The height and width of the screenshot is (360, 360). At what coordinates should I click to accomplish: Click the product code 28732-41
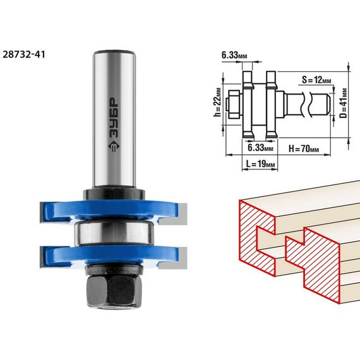point(24,55)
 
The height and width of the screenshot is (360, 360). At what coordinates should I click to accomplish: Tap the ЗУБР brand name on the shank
point(114,118)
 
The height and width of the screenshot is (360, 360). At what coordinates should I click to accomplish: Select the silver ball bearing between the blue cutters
point(114,232)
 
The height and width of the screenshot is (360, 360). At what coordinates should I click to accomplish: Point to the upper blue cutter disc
point(109,211)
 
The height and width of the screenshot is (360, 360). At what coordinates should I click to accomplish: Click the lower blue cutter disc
point(109,256)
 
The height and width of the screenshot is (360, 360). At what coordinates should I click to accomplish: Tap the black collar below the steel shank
point(114,195)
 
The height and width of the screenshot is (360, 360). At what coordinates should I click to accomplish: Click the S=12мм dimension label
point(316,80)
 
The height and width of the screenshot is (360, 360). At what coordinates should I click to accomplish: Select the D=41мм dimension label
point(343,103)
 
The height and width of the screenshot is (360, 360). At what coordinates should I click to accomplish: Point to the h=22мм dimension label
point(217,102)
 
